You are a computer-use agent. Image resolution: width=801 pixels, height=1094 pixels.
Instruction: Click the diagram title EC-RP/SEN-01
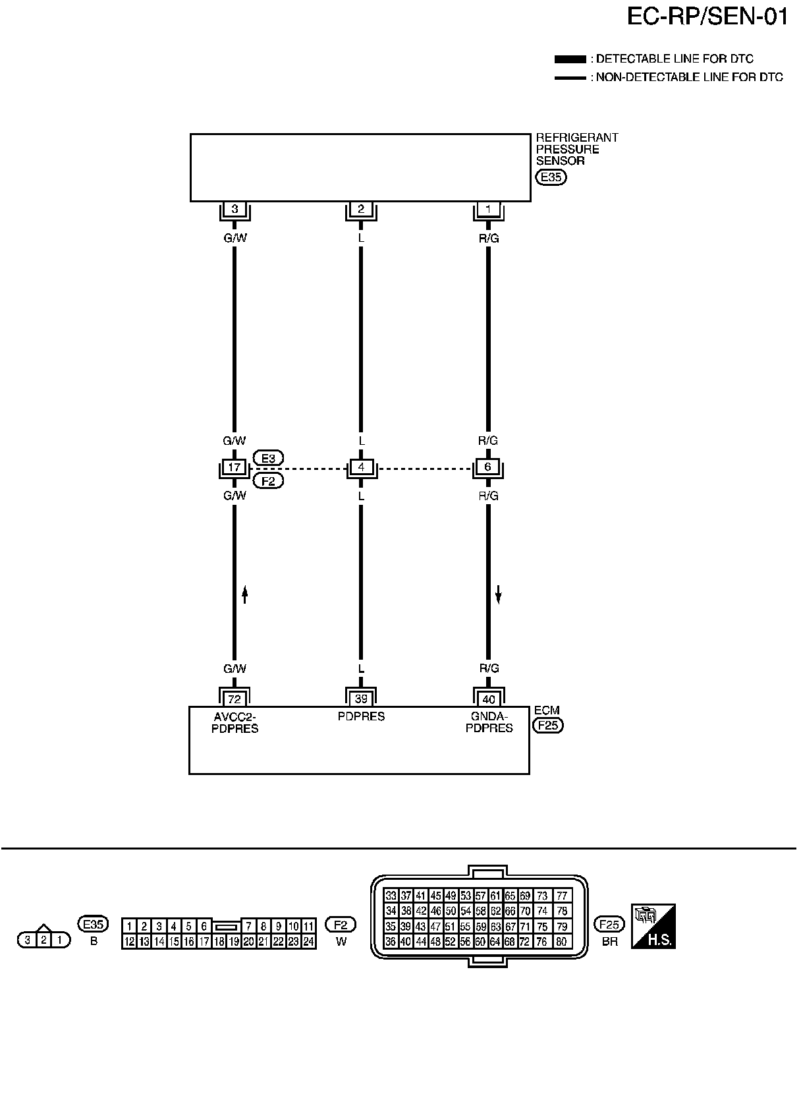coord(707,16)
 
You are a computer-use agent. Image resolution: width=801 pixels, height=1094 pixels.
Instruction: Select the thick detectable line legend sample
coord(570,59)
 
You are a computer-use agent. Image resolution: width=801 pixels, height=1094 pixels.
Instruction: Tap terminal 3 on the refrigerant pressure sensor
coord(235,210)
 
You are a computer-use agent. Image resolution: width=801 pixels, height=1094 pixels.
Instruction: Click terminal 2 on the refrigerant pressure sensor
coord(361,210)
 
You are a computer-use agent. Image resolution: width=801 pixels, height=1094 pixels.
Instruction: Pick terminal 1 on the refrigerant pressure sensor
coord(488,210)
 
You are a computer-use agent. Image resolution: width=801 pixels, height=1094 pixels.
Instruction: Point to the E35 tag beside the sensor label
coord(551,177)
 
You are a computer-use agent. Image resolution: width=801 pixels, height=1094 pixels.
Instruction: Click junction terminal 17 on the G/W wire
coord(234,467)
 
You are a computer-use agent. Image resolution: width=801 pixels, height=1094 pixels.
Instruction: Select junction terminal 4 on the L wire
coord(361,467)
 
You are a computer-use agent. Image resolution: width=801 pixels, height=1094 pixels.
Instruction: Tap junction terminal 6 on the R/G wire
coord(488,467)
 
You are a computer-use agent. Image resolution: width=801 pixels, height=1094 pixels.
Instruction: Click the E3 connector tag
coord(268,458)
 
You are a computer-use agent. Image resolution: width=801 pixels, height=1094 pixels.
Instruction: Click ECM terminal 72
coord(234,699)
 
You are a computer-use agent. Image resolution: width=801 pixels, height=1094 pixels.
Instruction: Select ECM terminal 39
coord(361,699)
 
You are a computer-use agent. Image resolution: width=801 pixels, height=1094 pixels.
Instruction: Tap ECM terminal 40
coord(488,699)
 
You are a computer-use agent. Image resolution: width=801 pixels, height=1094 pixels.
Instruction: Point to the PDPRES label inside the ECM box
coord(361,716)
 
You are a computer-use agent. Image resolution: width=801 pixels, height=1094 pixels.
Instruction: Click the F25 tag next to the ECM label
coord(547,726)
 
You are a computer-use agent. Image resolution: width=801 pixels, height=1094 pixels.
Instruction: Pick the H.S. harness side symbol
coord(653,927)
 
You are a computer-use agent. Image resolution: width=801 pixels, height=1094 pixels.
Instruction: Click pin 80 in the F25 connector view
coord(562,942)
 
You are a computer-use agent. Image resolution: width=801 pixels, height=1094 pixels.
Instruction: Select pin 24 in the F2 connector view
coord(308,942)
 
